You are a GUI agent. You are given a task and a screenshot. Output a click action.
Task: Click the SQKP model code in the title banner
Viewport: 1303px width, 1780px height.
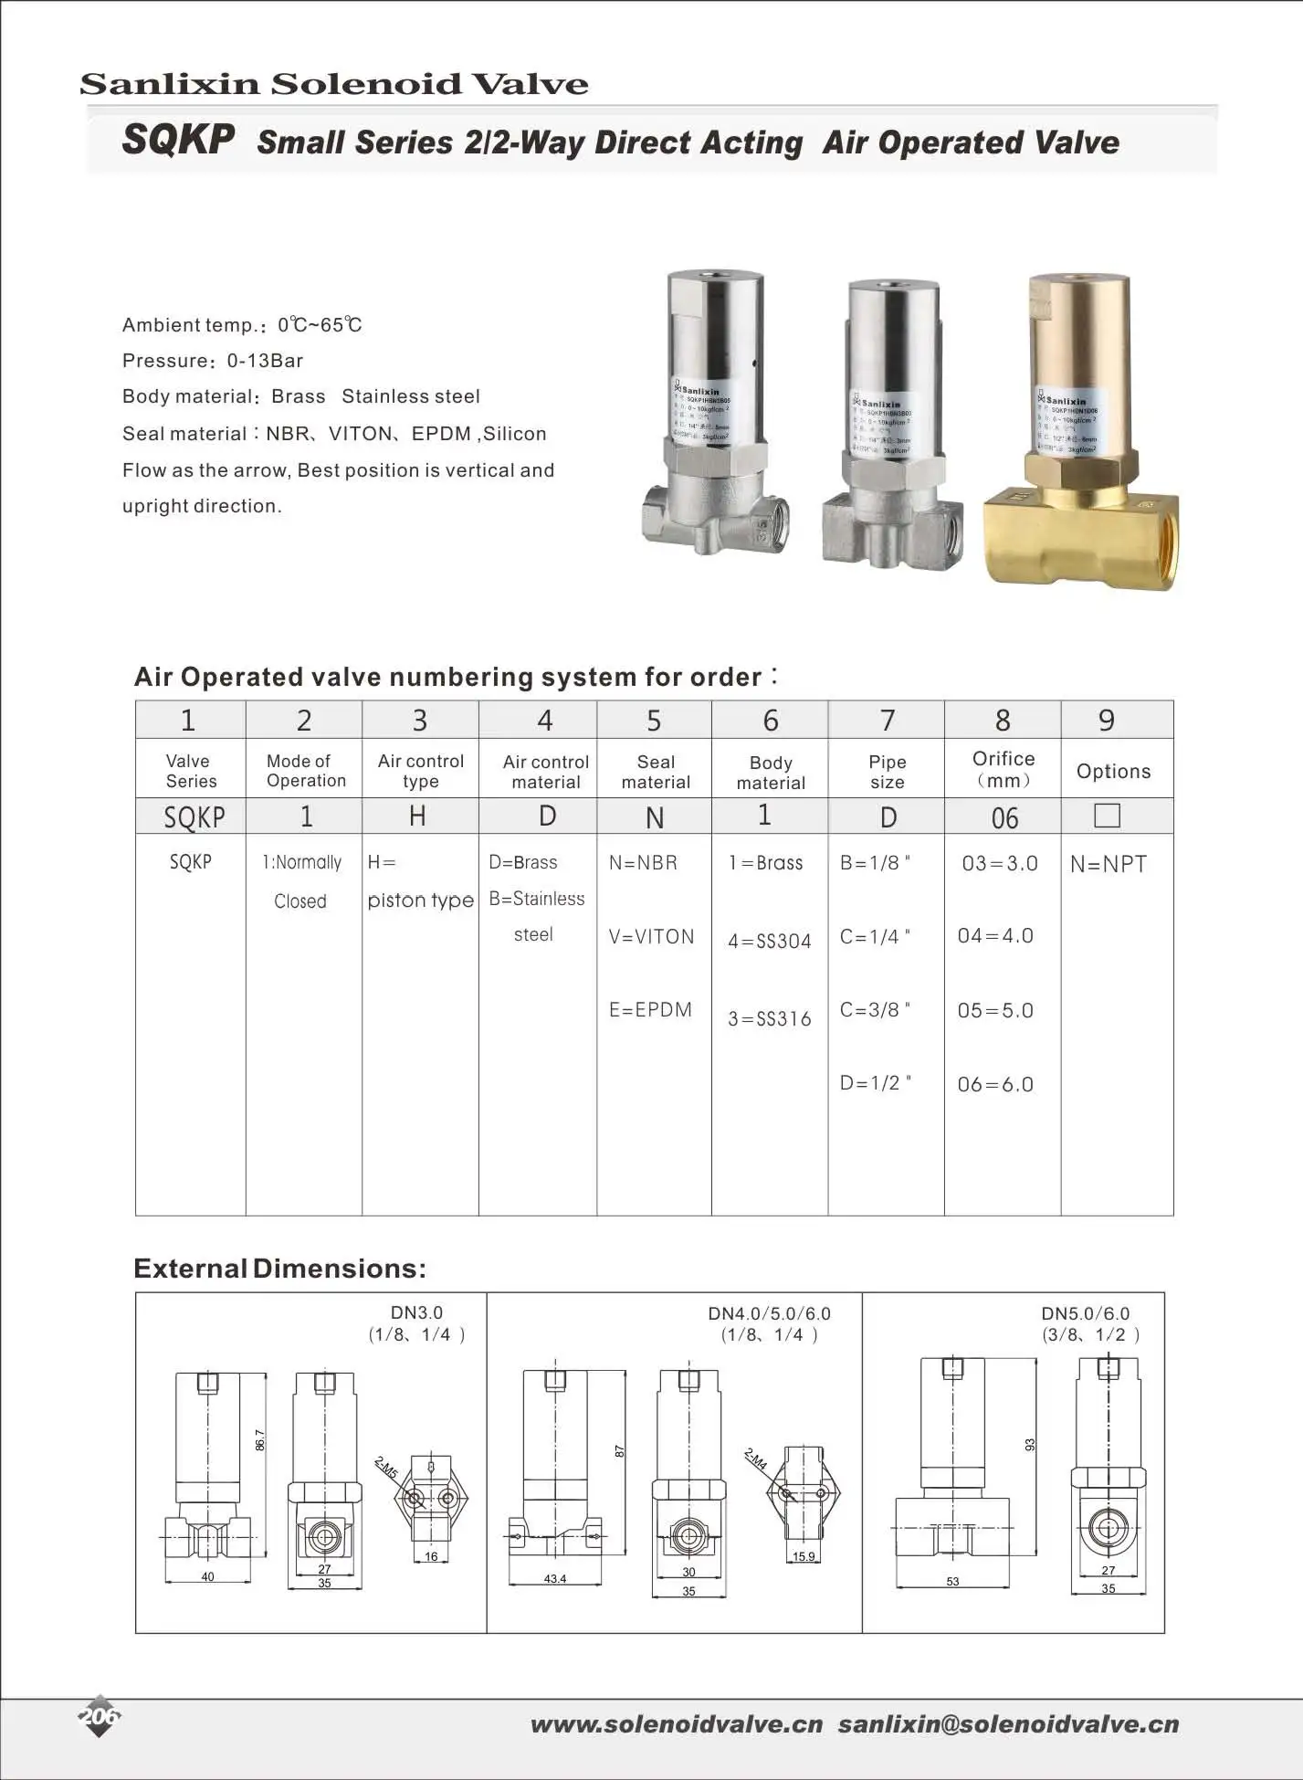(178, 141)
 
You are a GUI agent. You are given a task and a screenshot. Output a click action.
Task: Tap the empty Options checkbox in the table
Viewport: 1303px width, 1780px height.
(1107, 815)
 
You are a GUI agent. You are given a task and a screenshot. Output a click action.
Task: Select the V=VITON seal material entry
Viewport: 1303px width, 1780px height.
(651, 937)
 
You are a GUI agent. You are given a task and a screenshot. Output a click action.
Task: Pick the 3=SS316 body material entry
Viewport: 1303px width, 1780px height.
(769, 1018)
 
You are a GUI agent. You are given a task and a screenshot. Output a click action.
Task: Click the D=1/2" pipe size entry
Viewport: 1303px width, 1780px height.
(875, 1083)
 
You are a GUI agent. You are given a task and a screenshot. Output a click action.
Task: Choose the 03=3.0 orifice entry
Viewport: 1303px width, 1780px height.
(999, 864)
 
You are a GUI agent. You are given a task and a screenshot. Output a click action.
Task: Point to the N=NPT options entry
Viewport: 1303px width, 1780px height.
(1109, 864)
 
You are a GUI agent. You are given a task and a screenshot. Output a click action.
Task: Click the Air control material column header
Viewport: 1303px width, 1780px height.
(545, 772)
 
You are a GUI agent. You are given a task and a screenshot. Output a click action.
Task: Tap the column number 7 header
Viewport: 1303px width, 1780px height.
(887, 721)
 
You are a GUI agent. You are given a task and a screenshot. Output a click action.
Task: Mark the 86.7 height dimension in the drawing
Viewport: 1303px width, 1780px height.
(260, 1440)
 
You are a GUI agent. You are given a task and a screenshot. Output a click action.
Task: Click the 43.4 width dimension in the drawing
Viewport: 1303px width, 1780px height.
(554, 1579)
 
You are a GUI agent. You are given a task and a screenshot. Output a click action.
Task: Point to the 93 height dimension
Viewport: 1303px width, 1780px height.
(1030, 1445)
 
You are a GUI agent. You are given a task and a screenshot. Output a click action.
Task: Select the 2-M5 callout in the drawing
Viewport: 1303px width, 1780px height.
(386, 1468)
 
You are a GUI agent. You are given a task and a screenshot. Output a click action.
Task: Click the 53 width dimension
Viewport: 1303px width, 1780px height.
(952, 1581)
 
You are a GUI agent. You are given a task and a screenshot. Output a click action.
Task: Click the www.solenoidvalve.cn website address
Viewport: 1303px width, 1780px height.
(677, 1724)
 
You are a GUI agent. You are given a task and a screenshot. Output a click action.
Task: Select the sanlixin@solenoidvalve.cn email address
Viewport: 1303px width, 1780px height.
(1008, 1724)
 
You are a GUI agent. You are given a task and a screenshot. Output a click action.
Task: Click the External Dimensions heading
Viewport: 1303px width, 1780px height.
(279, 1269)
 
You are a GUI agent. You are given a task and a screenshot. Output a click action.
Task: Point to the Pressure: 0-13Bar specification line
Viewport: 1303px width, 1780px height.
(213, 361)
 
